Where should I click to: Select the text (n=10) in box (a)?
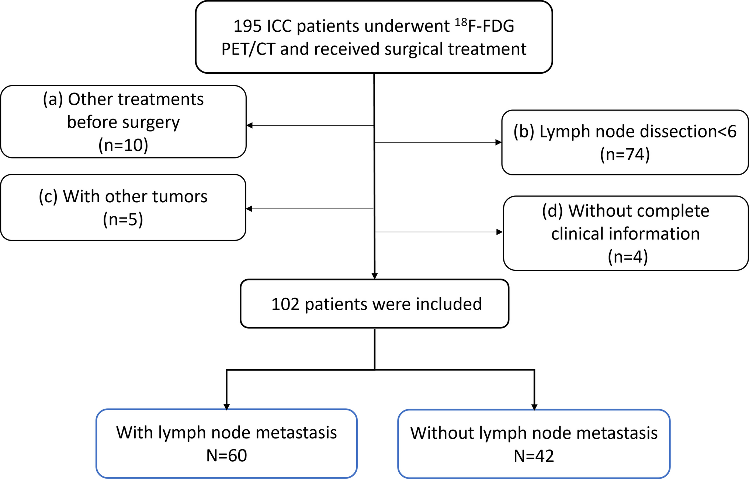pyautogui.click(x=123, y=145)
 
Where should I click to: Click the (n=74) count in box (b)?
pyautogui.click(x=625, y=154)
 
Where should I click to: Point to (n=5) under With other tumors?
pyautogui.click(x=123, y=220)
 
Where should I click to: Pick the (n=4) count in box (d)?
pyautogui.click(x=628, y=257)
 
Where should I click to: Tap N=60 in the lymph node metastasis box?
pyautogui.click(x=226, y=456)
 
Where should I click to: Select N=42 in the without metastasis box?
pyautogui.click(x=534, y=456)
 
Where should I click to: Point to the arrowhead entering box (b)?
pyautogui.click(x=498, y=142)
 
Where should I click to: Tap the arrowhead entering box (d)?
pyautogui.click(x=500, y=232)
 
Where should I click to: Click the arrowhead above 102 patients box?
pyautogui.click(x=374, y=276)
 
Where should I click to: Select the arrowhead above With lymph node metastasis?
pyautogui.click(x=226, y=407)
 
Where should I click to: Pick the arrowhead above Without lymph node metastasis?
pyautogui.click(x=534, y=407)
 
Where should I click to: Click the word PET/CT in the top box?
pyautogui.click(x=248, y=49)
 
